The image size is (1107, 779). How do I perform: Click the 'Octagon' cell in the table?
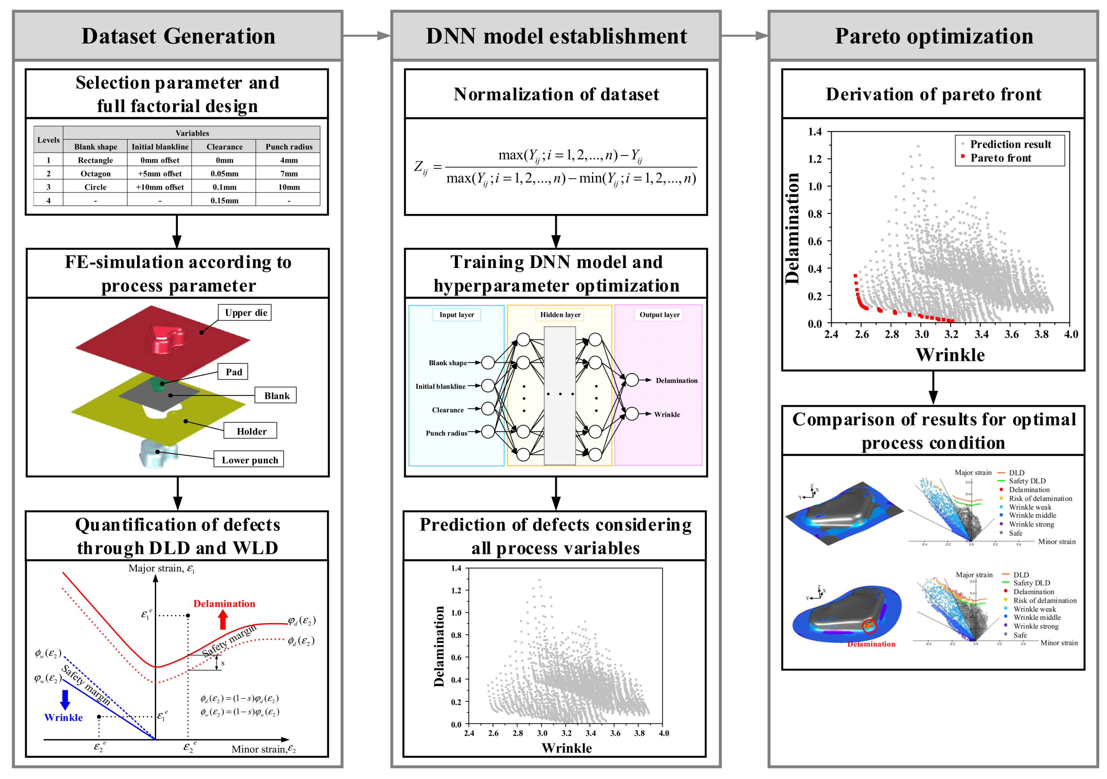(95, 174)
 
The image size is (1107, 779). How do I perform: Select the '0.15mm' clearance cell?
(224, 201)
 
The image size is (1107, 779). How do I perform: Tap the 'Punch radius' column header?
(289, 147)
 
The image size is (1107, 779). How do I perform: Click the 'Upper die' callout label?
(245, 312)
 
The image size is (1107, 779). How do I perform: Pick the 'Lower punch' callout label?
(249, 460)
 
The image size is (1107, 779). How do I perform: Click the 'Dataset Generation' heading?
(178, 36)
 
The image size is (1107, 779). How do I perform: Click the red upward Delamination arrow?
(223, 620)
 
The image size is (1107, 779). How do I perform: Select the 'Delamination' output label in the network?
(676, 380)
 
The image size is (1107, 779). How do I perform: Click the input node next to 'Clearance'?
(488, 409)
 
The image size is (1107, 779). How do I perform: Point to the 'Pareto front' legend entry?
(1000, 158)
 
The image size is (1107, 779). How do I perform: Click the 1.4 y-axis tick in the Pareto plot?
(815, 132)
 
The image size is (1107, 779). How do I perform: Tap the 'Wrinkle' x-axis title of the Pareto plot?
(950, 355)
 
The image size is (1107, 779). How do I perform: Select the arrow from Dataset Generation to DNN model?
(366, 36)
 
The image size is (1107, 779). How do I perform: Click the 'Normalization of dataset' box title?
(556, 94)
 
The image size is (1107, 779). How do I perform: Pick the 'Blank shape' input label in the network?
(447, 363)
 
